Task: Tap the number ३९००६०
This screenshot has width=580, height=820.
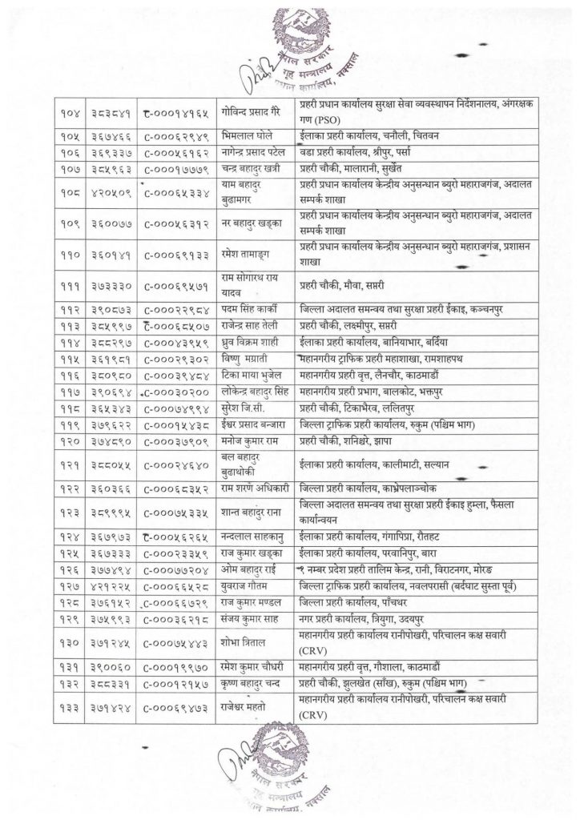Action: click(108, 667)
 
